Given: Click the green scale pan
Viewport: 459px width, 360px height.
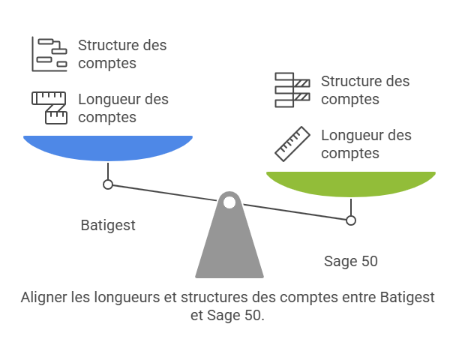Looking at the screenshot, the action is tap(351, 184).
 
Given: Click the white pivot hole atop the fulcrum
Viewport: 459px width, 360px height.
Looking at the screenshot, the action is tap(229, 202).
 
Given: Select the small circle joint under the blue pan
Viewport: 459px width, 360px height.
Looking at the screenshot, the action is tap(108, 184).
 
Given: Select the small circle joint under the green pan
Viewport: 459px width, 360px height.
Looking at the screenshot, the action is tap(351, 220).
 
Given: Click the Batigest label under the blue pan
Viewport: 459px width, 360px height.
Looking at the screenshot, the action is tap(108, 225).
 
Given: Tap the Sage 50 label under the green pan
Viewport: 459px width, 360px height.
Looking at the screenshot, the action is tap(351, 261).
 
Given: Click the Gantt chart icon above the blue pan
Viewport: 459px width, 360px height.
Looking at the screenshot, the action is tap(49, 54).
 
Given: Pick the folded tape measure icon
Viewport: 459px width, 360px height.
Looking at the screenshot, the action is tap(49, 108).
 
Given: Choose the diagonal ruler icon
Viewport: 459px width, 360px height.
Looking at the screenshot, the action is tap(292, 144).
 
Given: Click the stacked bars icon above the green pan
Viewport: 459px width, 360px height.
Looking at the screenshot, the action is tap(292, 90).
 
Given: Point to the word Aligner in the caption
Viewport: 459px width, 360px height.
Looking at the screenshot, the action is tap(44, 298).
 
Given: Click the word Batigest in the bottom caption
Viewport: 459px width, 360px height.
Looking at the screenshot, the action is tap(407, 297).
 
